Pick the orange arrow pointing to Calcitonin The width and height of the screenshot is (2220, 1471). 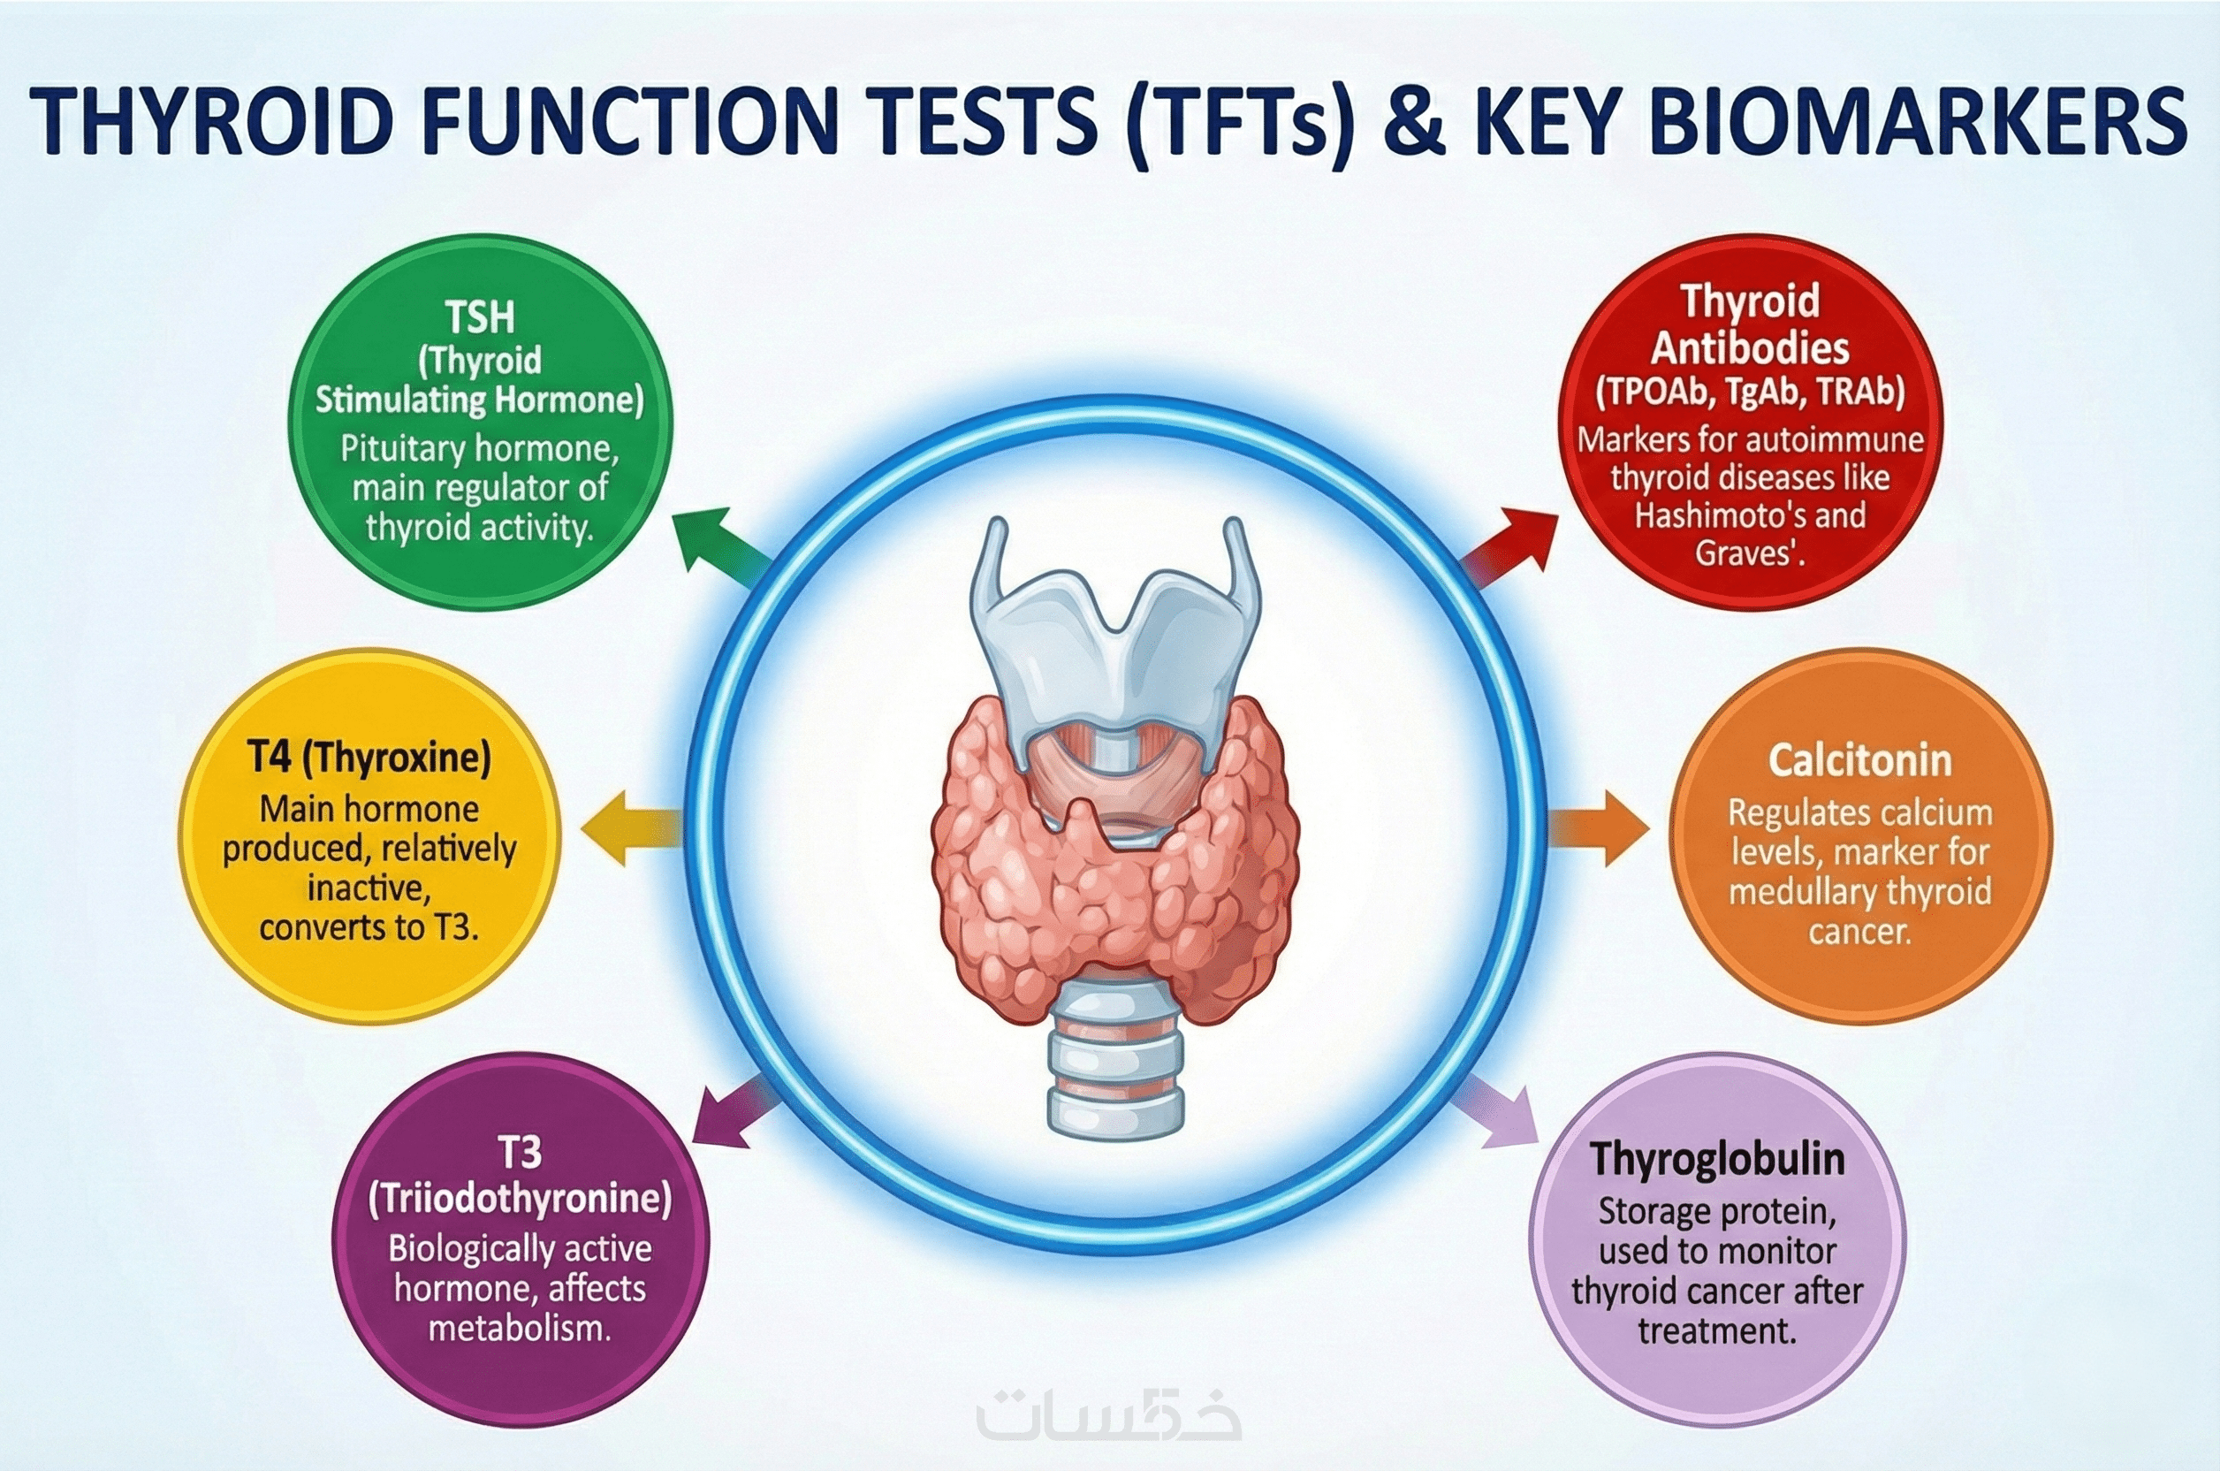(1597, 828)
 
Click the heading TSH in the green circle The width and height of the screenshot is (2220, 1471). (480, 317)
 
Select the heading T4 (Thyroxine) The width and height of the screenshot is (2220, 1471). (369, 757)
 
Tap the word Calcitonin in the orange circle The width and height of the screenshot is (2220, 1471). (1859, 760)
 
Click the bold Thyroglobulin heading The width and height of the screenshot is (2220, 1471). (1717, 1160)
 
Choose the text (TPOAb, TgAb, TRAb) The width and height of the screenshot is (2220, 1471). (1750, 393)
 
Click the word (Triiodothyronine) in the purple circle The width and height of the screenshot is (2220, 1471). (521, 1200)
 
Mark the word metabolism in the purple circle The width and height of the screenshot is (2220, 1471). (517, 1329)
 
